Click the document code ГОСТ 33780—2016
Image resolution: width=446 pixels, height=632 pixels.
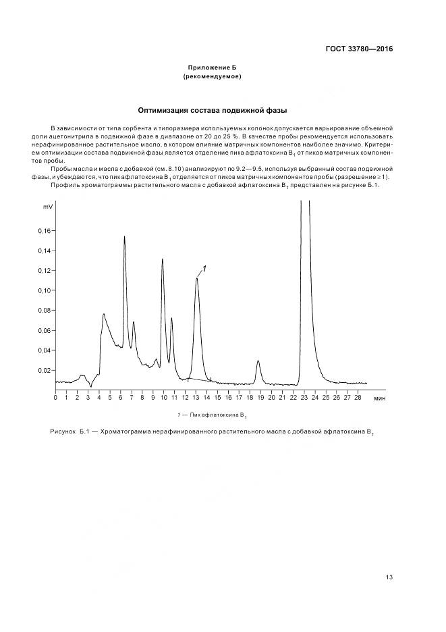click(360, 49)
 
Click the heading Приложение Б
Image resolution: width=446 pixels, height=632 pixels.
click(212, 68)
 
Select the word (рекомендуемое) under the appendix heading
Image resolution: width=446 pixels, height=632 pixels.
click(212, 76)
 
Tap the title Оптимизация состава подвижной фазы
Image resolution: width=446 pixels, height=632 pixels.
click(213, 109)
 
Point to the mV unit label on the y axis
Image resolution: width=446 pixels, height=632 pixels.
click(47, 206)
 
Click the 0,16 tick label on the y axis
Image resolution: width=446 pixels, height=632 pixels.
click(45, 231)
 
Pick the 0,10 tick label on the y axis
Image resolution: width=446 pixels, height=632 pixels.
click(45, 291)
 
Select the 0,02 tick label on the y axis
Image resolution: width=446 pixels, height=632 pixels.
click(45, 371)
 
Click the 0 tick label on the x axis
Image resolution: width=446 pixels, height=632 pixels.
click(55, 398)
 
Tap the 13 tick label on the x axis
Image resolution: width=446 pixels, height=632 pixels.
click(196, 398)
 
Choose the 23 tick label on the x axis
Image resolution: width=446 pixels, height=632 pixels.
click(304, 398)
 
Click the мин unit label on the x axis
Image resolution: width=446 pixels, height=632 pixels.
click(380, 398)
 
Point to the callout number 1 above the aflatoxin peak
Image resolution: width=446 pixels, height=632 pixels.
click(204, 268)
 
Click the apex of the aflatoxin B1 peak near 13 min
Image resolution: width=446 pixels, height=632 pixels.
click(196, 278)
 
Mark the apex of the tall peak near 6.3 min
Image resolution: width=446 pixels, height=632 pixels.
click(124, 236)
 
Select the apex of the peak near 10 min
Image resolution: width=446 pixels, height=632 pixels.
click(162, 259)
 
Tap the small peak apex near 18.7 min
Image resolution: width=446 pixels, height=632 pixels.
click(258, 361)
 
